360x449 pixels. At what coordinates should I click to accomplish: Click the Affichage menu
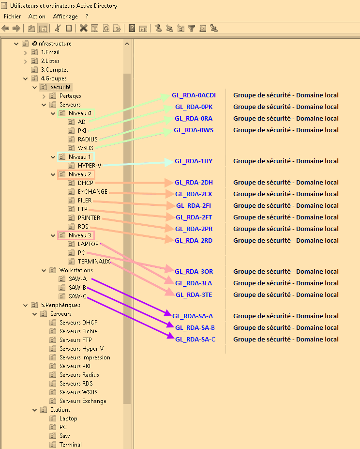(x=65, y=16)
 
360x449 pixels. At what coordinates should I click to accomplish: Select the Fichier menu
(x=12, y=16)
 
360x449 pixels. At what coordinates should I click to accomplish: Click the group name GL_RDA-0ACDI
(x=194, y=95)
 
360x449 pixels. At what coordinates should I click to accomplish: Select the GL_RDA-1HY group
(x=194, y=161)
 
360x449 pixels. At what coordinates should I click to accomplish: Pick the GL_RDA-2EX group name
(x=194, y=194)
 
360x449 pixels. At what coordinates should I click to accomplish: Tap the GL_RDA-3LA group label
(x=194, y=283)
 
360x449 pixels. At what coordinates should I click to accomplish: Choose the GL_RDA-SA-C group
(x=195, y=340)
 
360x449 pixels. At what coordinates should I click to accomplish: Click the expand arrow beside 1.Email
(x=26, y=53)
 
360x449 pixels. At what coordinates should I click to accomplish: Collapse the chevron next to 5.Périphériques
(x=26, y=305)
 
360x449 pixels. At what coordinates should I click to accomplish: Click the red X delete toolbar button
(x=84, y=28)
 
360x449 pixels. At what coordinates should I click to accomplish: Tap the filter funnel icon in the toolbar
(x=192, y=29)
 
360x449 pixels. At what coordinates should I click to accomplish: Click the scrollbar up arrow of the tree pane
(x=127, y=44)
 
